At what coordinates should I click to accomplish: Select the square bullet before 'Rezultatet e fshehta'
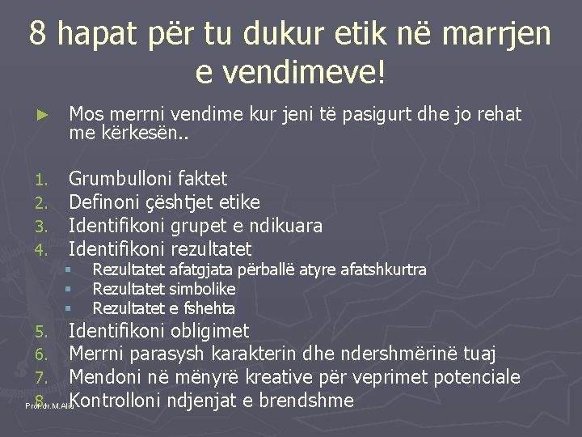pos(70,308)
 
